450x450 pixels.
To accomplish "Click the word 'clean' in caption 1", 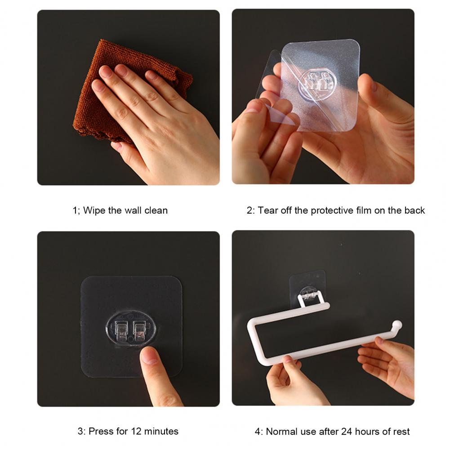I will [x=156, y=210].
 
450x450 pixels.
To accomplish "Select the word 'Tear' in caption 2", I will [x=268, y=210].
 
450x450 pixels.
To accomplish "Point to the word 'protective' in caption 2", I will [x=332, y=210].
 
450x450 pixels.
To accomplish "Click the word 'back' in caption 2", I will [x=414, y=210].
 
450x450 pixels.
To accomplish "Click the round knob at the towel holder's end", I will [x=397, y=325].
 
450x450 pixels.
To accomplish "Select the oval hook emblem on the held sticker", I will [x=317, y=83].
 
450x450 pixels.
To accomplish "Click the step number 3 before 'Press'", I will [x=81, y=431].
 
